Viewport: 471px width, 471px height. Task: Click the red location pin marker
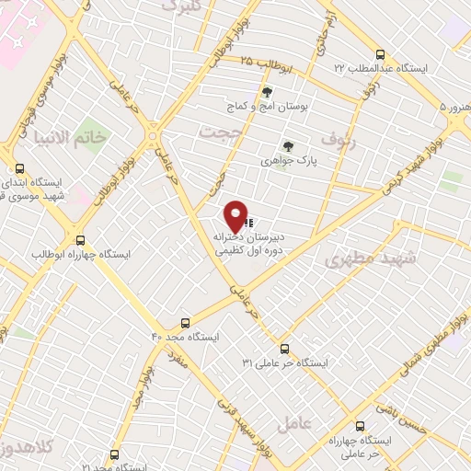[236, 214]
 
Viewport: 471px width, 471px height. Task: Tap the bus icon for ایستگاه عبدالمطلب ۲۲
[380, 54]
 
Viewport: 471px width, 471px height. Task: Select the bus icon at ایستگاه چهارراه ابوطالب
[80, 239]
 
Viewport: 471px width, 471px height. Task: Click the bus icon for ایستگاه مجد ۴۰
[186, 323]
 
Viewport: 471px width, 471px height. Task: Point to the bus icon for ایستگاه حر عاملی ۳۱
[283, 349]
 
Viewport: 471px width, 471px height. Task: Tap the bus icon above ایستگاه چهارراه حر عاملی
[360, 426]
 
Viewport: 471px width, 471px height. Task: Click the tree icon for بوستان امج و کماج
[267, 92]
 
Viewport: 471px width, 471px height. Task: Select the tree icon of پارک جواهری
[288, 146]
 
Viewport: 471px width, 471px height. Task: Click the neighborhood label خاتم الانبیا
[109, 136]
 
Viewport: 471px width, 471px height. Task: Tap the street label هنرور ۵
[454, 108]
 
